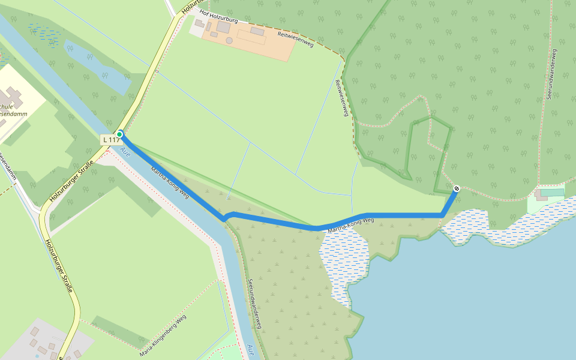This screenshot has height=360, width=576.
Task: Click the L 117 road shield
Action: tap(110, 140)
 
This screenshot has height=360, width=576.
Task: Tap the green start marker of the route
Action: tap(119, 134)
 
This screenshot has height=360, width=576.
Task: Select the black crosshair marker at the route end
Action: tap(457, 188)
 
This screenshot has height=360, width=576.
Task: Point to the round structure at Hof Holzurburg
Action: tap(229, 40)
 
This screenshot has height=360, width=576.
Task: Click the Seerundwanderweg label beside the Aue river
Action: tap(256, 304)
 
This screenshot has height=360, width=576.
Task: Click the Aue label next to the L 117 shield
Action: tap(127, 154)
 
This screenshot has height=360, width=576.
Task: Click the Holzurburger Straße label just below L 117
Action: tap(71, 179)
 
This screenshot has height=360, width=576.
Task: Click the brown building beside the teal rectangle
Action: tap(541, 195)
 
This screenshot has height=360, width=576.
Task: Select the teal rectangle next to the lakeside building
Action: tap(556, 192)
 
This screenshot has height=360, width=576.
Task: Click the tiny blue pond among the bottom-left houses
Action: tap(37, 355)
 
